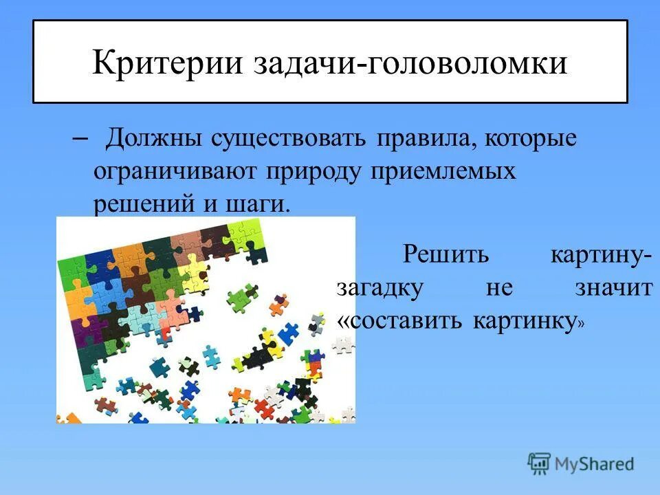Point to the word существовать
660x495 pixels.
[x=283, y=139]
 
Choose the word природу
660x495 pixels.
[x=313, y=173]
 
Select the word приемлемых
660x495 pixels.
[x=443, y=172]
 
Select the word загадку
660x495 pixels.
[x=379, y=287]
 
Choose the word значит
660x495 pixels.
[x=614, y=287]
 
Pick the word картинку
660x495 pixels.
[x=527, y=320]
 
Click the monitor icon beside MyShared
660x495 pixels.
[x=540, y=463]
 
